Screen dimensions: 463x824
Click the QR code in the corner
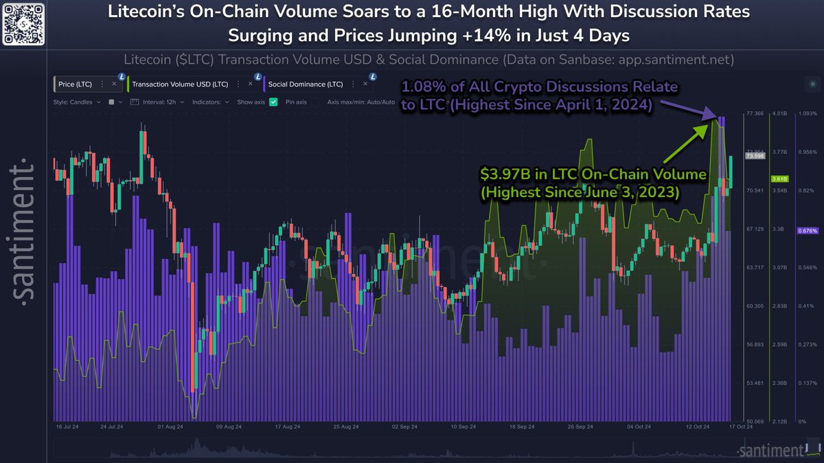(25, 25)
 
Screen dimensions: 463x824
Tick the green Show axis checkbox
(273, 102)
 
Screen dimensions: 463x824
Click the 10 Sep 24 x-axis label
(464, 427)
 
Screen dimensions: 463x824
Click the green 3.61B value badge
(780, 179)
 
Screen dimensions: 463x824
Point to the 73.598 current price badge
(755, 157)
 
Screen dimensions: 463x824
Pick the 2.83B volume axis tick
(779, 306)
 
